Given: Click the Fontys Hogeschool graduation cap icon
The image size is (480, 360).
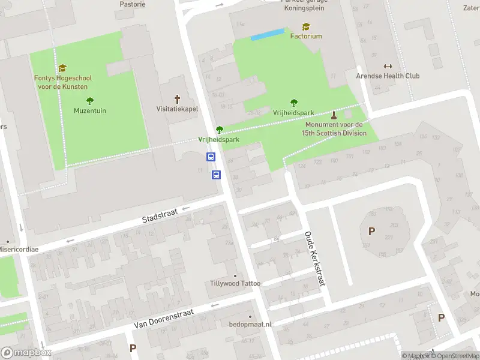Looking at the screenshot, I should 62,68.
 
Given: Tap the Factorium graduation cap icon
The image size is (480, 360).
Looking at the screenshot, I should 306,27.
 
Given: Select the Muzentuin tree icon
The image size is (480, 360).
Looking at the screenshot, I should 90,101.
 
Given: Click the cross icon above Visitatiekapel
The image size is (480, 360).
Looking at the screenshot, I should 177,99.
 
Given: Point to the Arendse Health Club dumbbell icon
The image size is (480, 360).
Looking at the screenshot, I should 387,67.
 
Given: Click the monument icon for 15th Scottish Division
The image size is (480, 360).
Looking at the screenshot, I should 334,115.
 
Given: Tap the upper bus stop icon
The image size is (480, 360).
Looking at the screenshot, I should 211,157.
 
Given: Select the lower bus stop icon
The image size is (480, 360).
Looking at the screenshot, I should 216,175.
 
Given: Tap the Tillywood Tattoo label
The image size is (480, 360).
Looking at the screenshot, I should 235,283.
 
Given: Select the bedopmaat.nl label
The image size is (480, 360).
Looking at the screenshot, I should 250,324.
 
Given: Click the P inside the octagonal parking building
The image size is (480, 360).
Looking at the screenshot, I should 371,231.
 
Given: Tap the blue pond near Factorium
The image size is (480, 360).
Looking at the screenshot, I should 267,35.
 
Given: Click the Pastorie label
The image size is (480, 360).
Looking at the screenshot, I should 133,4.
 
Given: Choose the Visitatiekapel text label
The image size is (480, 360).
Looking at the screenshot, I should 178,110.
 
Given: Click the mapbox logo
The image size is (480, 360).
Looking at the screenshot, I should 25,352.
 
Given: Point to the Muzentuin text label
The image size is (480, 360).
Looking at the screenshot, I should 90,110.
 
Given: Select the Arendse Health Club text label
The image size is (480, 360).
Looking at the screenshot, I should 388,76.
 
